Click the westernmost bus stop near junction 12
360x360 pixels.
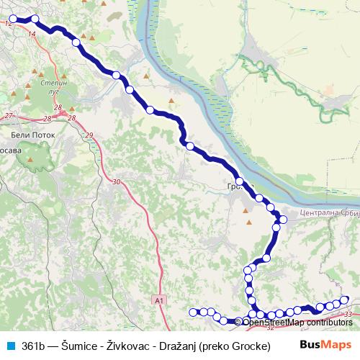click(12, 19)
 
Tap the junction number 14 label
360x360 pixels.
click(31, 34)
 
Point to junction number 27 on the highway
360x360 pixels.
click(9, 116)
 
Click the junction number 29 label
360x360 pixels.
click(89, 135)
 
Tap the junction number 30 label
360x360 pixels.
click(116, 182)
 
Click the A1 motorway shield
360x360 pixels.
click(160, 299)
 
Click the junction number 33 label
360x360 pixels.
click(348, 315)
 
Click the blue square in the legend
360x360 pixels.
click(11, 346)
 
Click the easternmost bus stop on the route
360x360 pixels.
click(345, 300)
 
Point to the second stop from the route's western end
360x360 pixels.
click(35, 19)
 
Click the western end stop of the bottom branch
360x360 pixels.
click(192, 312)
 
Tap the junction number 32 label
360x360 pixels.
click(270, 327)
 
